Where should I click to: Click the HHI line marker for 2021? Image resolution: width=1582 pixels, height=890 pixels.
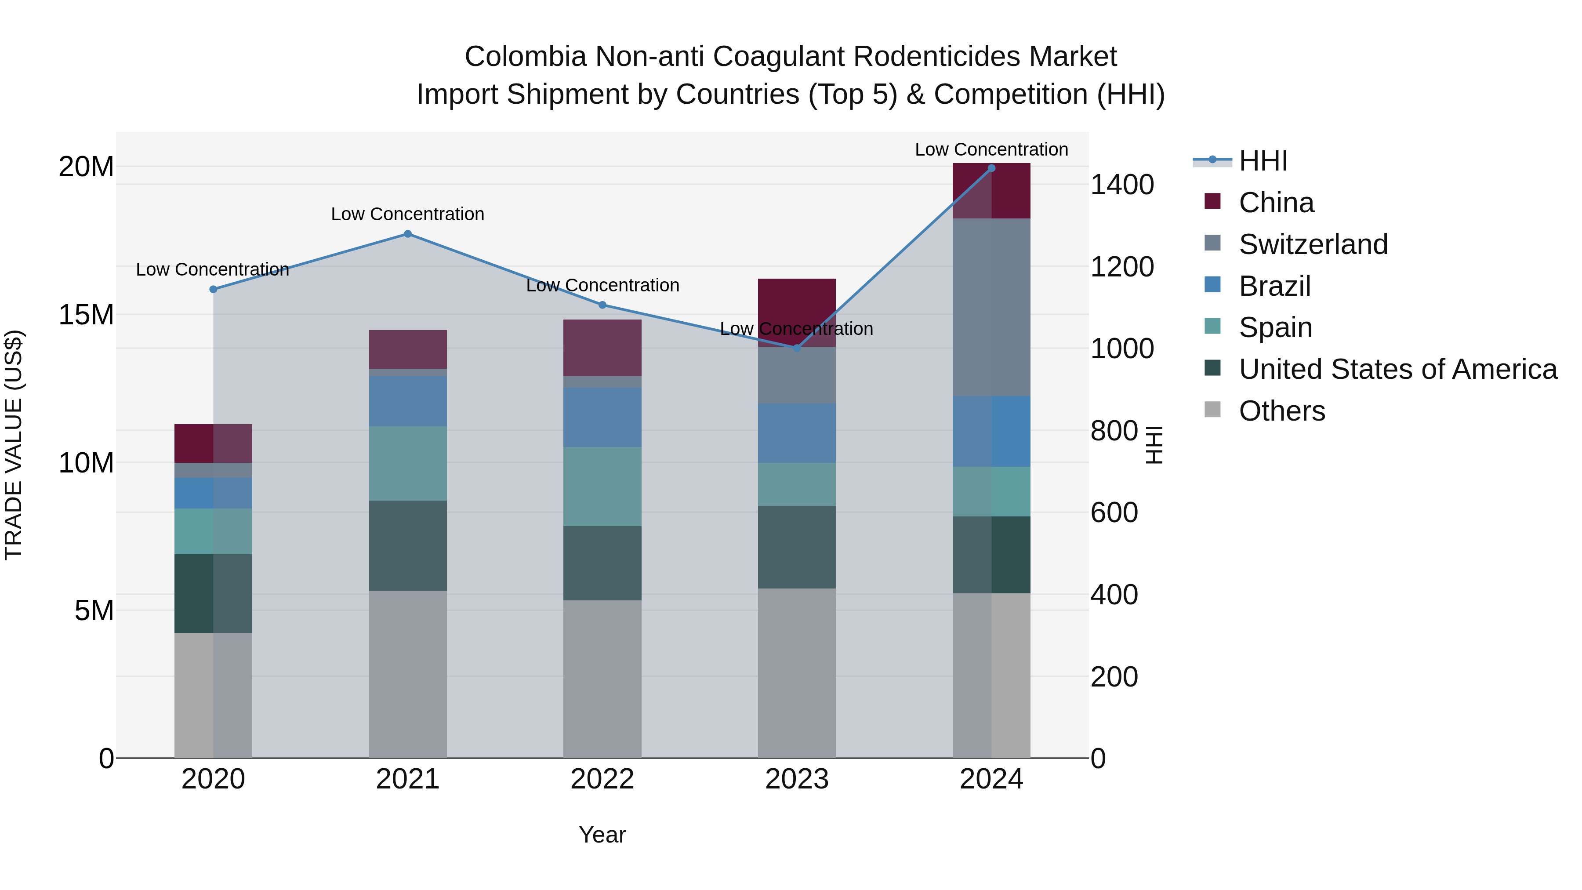point(408,234)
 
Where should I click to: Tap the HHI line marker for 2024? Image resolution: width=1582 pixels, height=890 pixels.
point(991,168)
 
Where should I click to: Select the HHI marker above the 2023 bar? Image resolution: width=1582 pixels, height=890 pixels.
point(797,348)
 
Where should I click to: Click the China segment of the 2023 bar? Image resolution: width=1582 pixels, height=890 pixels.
point(797,301)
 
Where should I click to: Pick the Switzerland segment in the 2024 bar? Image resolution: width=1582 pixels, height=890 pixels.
point(991,307)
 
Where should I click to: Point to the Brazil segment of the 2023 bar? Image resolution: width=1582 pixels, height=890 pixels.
point(797,433)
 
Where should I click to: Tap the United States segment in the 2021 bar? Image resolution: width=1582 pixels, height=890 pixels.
point(408,545)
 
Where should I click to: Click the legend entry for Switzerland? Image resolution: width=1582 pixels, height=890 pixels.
point(1313,244)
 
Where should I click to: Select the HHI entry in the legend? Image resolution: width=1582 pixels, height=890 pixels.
point(1263,161)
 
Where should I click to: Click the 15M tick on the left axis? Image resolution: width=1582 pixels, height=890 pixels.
point(86,315)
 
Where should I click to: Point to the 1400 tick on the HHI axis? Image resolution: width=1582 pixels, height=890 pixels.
point(1121,185)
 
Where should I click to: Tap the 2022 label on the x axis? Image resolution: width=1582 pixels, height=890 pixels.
point(602,779)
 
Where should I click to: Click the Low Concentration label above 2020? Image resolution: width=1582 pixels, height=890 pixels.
point(213,270)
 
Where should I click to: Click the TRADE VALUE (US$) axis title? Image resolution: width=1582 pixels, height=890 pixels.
point(14,445)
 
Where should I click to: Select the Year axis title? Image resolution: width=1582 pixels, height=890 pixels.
point(602,835)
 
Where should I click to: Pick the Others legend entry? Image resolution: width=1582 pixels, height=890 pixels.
point(1282,411)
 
